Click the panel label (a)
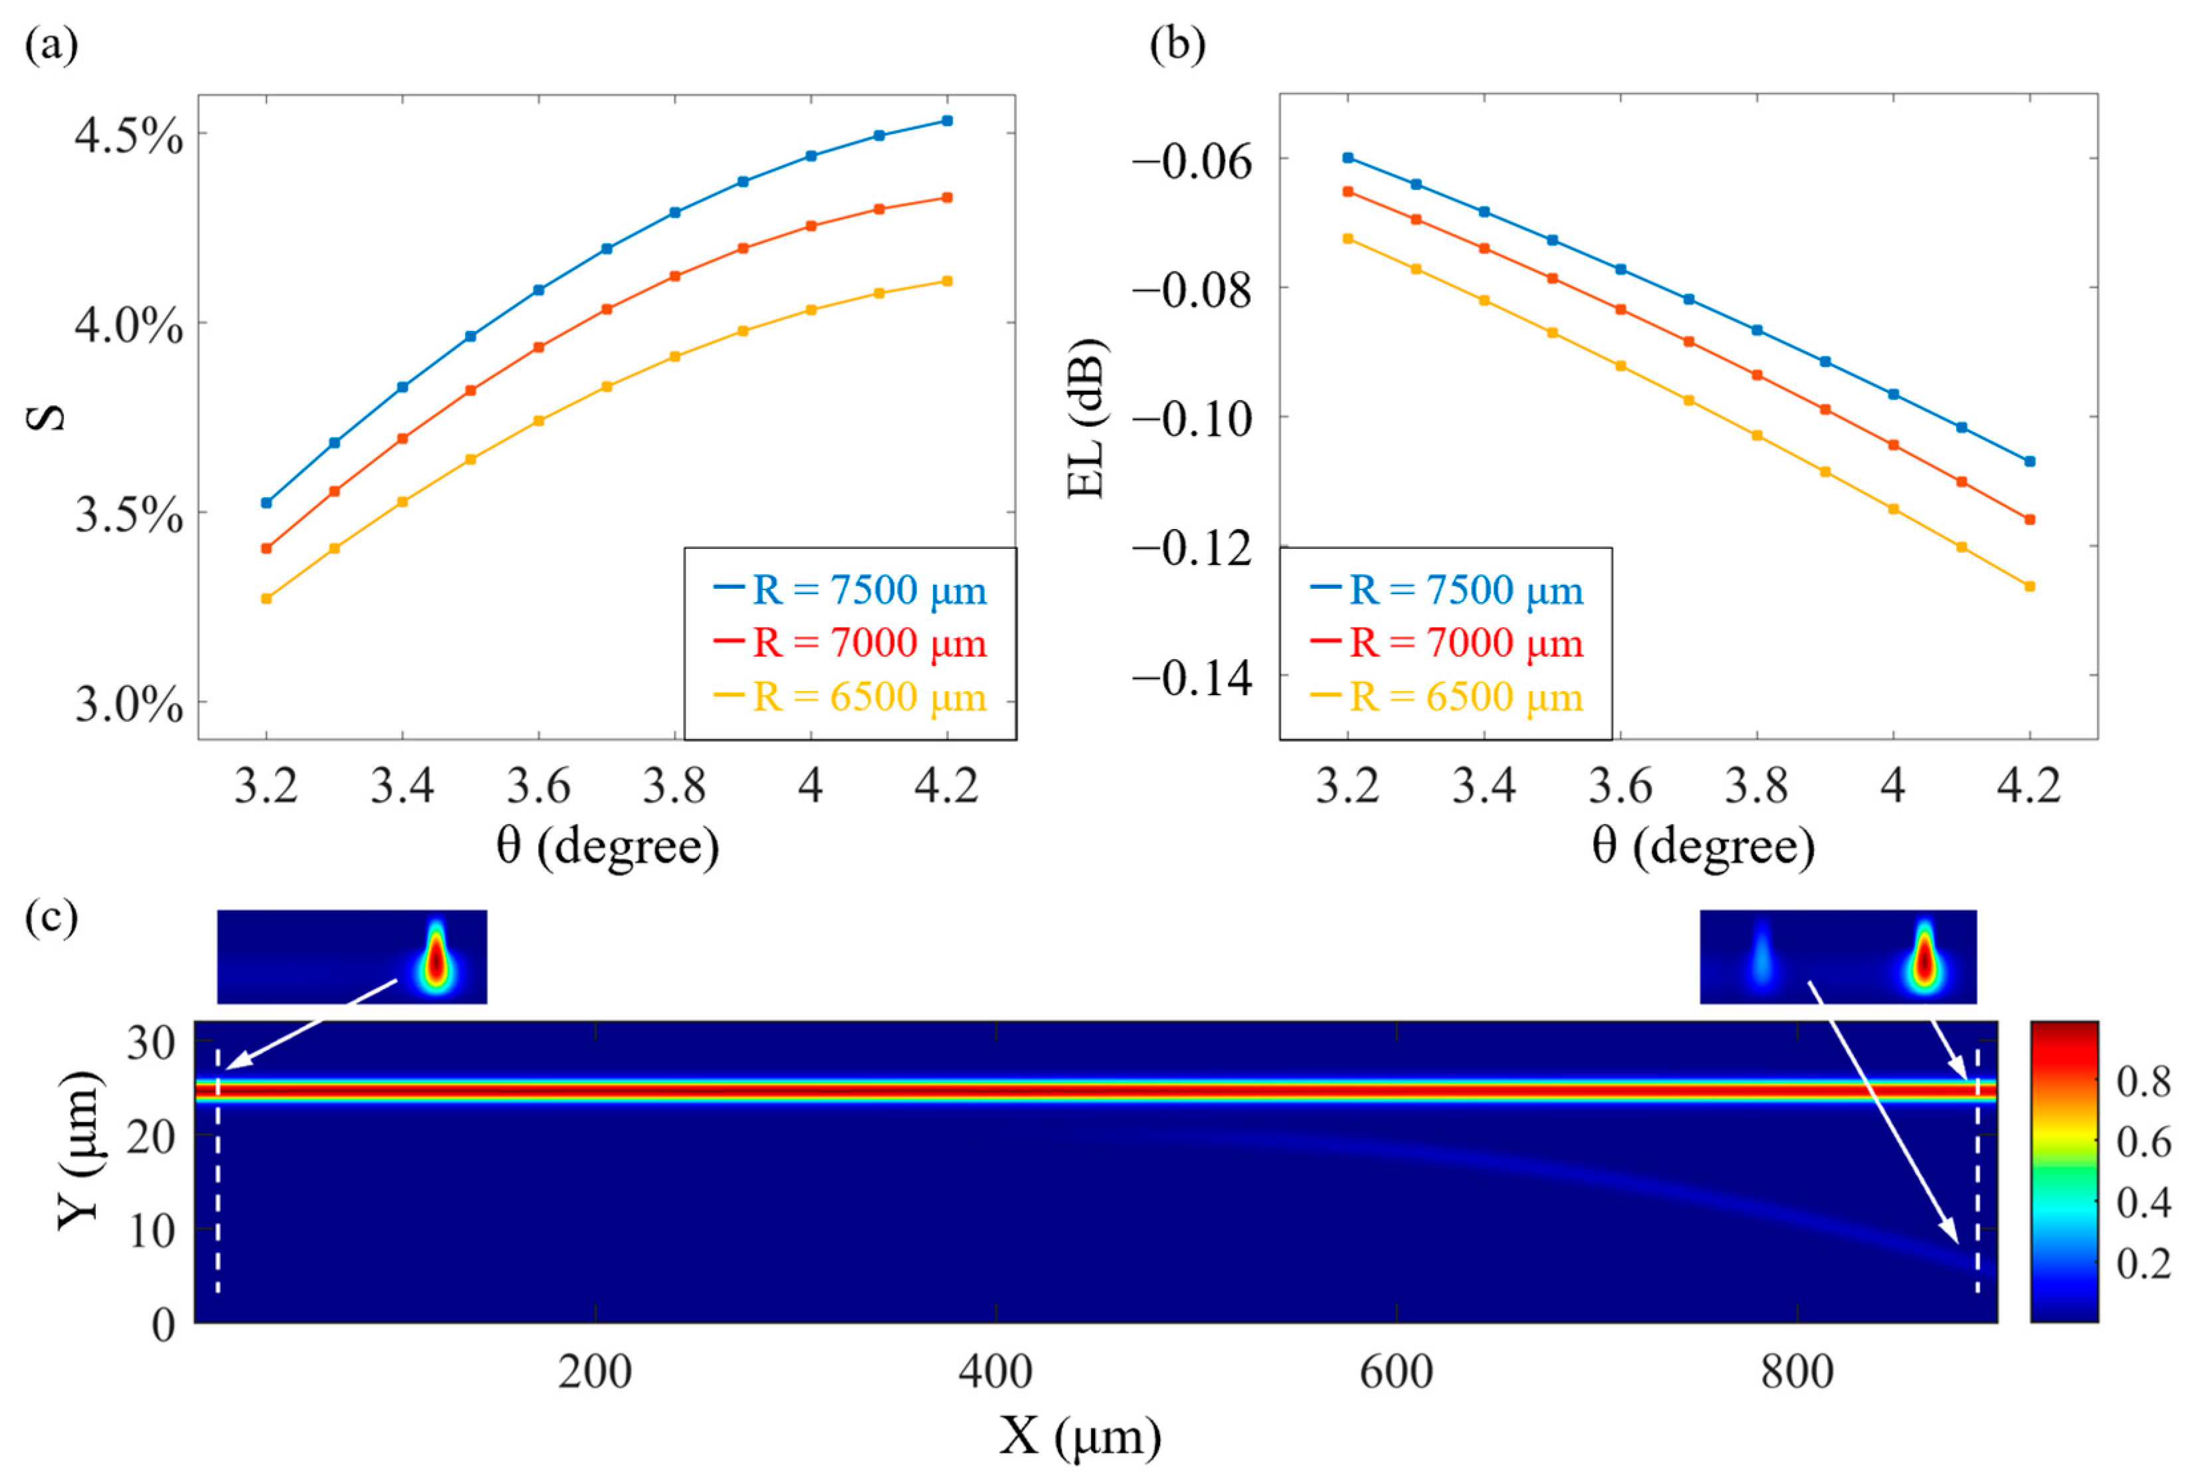(x=51, y=45)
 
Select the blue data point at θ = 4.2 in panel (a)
(x=947, y=121)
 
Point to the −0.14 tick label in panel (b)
(x=1193, y=679)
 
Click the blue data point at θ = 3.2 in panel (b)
(x=1348, y=158)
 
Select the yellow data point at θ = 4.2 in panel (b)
(x=2030, y=586)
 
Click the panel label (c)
(x=51, y=916)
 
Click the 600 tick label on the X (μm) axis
(x=1395, y=1372)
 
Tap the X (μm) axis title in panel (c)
(x=1080, y=1437)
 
